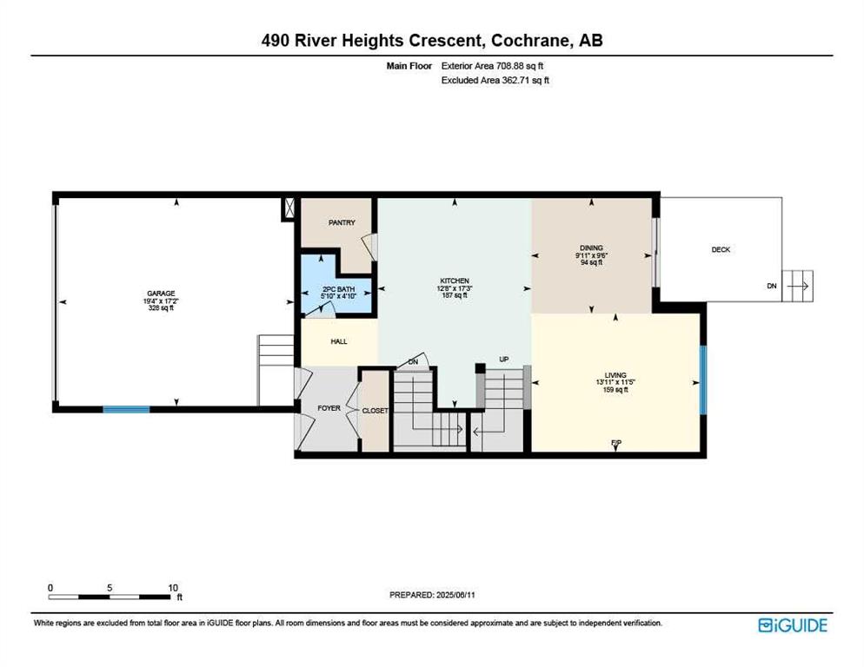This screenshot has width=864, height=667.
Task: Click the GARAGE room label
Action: (161, 294)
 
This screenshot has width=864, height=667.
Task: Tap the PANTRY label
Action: (342, 222)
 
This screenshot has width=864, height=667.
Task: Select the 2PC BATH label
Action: (338, 289)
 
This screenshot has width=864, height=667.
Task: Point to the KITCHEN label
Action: (455, 281)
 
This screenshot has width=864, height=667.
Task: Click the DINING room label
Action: (591, 248)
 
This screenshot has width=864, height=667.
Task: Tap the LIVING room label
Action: (615, 375)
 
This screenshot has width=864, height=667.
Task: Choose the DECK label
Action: (721, 249)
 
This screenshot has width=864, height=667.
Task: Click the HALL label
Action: (339, 341)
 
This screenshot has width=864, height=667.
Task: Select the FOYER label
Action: (329, 408)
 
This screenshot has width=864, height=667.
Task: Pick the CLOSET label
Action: (376, 411)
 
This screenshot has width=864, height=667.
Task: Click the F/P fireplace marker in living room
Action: (616, 442)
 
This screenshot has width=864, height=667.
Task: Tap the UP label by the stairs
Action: (503, 359)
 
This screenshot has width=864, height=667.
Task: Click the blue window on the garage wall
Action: (126, 409)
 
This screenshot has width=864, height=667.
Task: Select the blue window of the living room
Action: (703, 380)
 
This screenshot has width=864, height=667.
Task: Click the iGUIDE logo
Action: (793, 625)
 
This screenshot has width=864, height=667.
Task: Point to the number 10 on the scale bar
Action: (173, 588)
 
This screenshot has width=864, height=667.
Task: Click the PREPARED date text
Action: (432, 595)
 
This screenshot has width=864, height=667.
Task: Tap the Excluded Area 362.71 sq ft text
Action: (495, 80)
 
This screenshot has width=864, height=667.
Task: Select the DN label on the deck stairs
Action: (772, 286)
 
